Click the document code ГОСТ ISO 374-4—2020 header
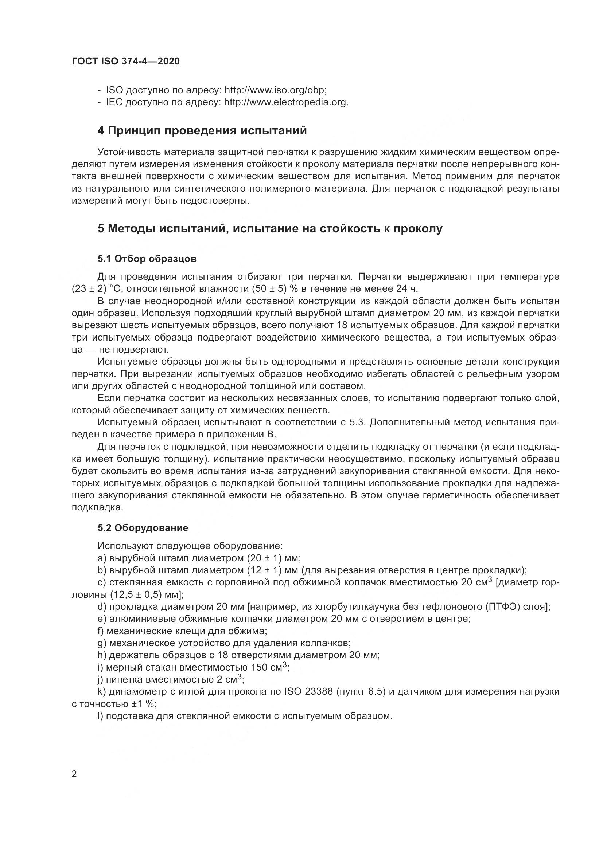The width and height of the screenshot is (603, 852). (x=125, y=62)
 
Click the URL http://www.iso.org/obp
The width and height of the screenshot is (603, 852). (x=276, y=90)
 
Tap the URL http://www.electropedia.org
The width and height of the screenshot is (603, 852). (x=286, y=102)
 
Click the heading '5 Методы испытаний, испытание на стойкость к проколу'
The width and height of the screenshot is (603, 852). (x=270, y=229)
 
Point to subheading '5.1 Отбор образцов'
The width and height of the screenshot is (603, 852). (x=147, y=259)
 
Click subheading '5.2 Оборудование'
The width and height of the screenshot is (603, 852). (x=143, y=528)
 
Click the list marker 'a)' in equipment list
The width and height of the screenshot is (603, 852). (x=102, y=558)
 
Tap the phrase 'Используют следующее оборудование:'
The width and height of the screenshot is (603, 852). (x=190, y=546)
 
